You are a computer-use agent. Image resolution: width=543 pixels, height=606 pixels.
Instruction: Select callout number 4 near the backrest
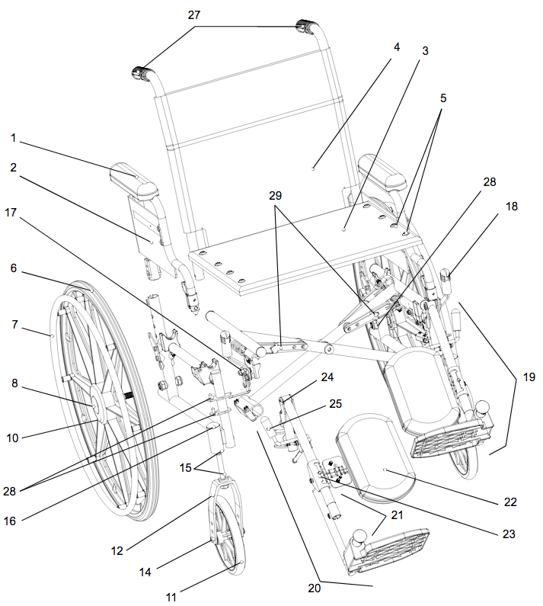click(397, 46)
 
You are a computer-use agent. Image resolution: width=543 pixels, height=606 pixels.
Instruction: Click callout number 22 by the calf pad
click(510, 502)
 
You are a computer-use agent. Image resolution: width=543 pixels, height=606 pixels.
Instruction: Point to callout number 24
click(327, 377)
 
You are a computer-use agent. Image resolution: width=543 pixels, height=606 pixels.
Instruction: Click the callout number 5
click(443, 98)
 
